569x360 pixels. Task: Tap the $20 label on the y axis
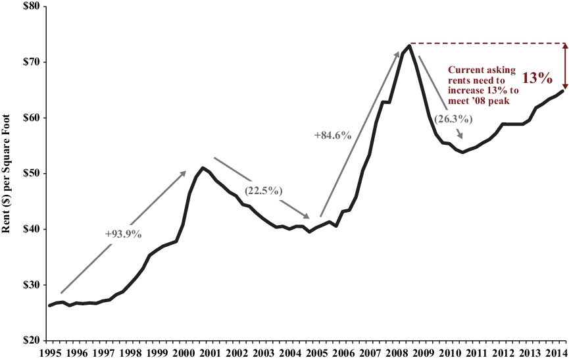29,341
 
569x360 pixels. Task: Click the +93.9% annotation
123,234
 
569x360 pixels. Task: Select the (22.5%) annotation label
264,191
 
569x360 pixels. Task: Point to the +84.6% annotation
334,136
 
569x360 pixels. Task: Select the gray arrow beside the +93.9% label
125,230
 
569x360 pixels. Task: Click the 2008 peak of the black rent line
409,45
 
